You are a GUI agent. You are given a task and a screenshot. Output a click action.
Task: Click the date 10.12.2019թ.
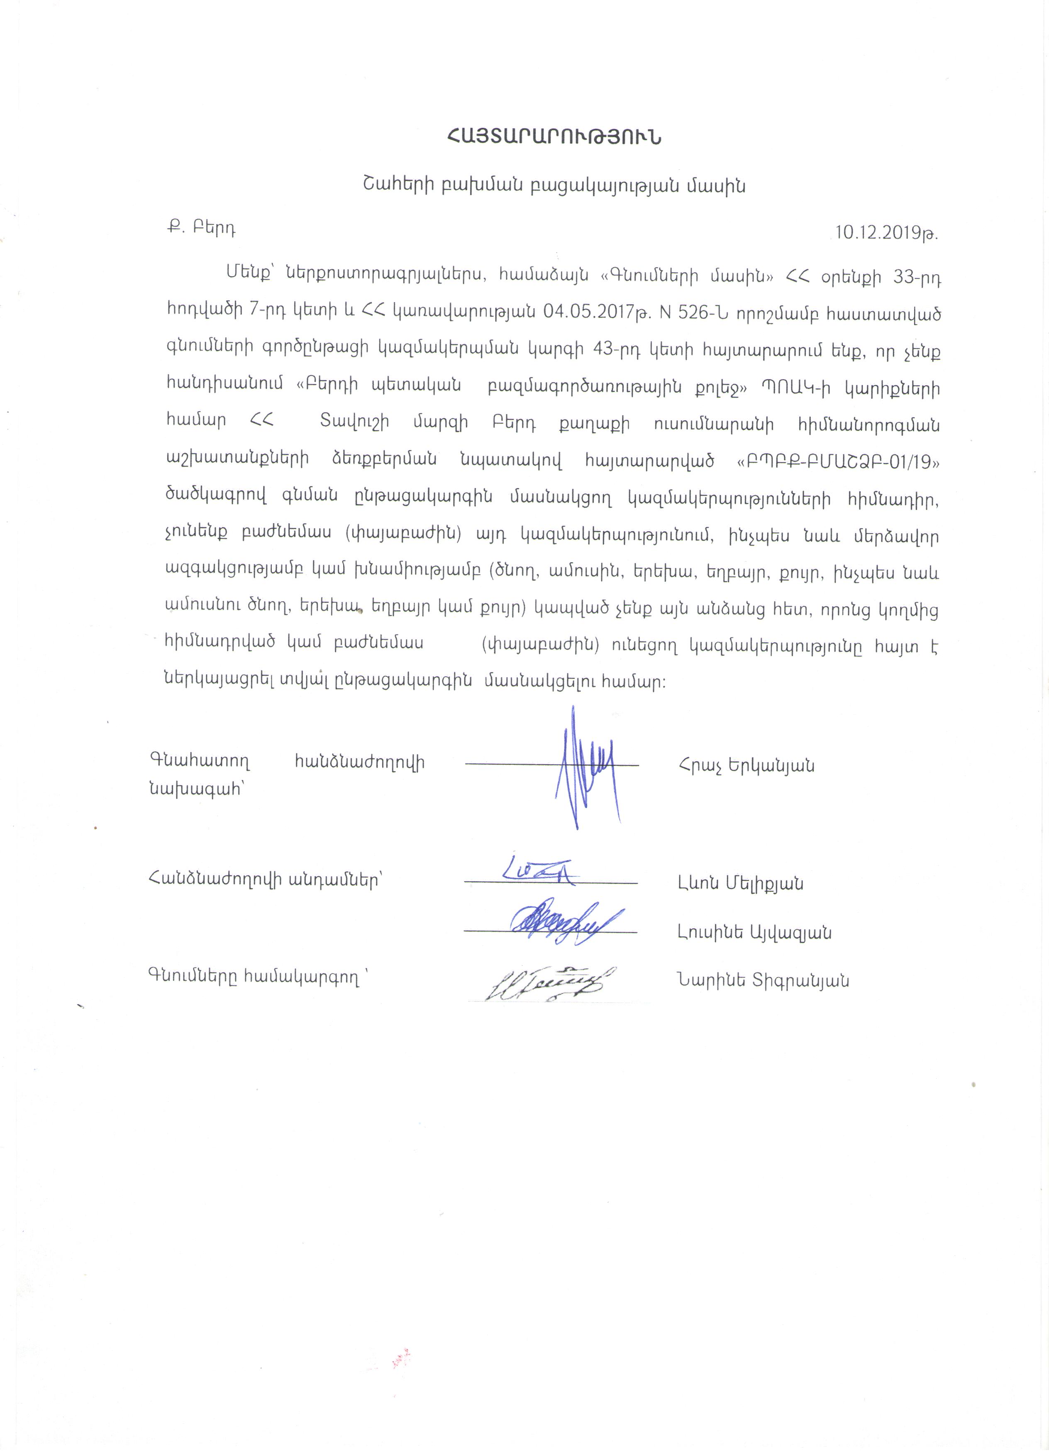pyautogui.click(x=886, y=232)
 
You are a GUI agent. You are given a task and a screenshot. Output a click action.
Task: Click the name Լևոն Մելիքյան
pyautogui.click(x=740, y=883)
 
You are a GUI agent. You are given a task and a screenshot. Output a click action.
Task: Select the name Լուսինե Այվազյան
pyautogui.click(x=754, y=932)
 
